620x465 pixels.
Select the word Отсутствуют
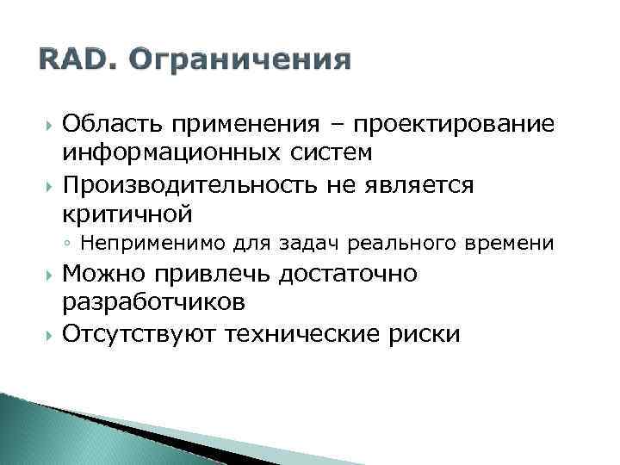pyautogui.click(x=138, y=334)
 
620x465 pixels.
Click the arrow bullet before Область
pyautogui.click(x=46, y=126)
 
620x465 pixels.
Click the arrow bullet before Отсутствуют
pyautogui.click(x=46, y=334)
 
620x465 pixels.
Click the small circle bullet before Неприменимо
pyautogui.click(x=67, y=245)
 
